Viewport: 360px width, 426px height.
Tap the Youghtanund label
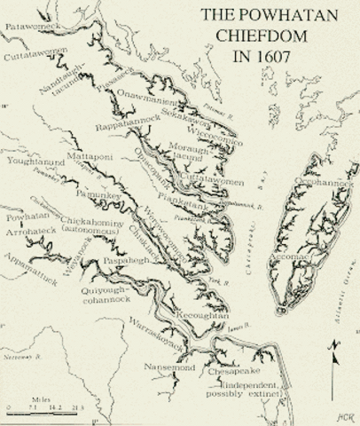35,162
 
